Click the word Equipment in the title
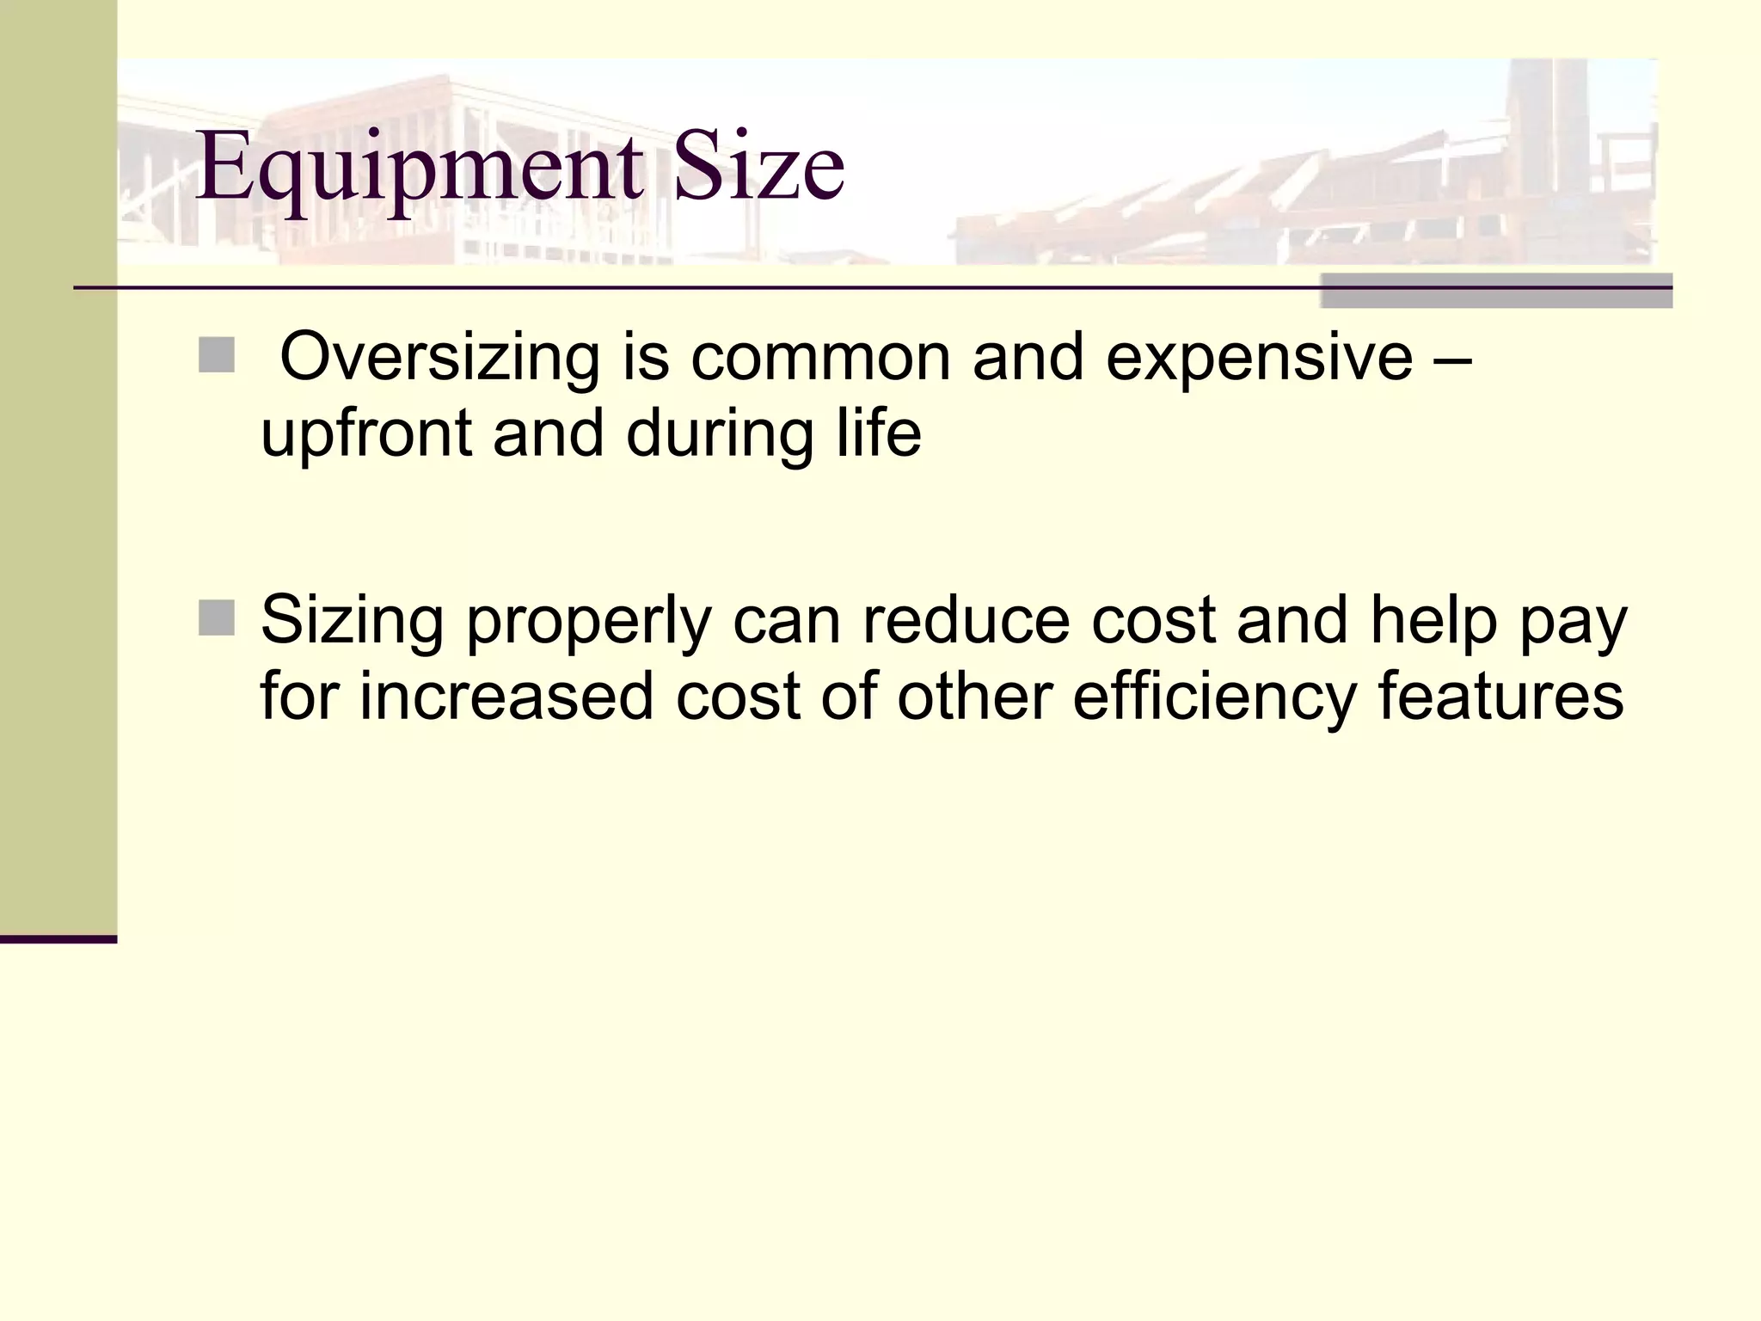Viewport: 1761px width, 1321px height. coord(419,168)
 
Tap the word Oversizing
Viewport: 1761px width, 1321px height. coord(439,357)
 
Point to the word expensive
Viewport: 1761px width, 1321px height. coord(1259,357)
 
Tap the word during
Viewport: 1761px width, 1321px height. coord(720,434)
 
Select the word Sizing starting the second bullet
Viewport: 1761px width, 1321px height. coord(352,621)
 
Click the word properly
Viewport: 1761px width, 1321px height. coord(590,621)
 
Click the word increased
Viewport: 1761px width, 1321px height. coord(506,697)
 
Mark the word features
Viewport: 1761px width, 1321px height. coord(1500,697)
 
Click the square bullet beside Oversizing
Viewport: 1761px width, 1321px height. coord(216,355)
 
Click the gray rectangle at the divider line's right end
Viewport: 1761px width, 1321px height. coord(1495,291)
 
